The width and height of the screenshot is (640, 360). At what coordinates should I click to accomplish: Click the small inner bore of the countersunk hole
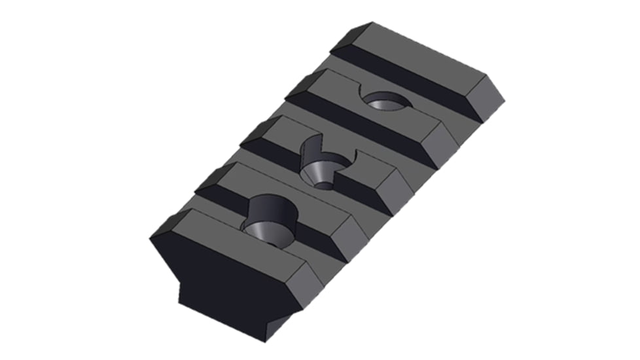pyautogui.click(x=324, y=183)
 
